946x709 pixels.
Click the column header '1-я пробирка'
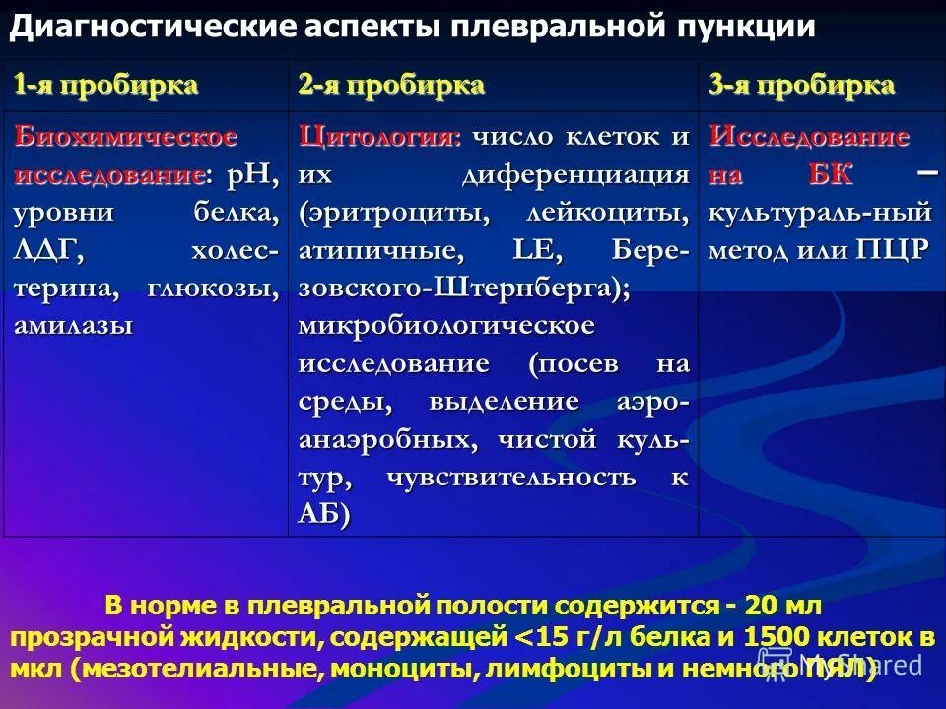(105, 85)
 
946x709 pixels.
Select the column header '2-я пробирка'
(392, 85)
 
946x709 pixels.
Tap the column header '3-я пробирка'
(801, 85)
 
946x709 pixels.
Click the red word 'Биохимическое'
(125, 137)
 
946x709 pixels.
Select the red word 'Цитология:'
(380, 137)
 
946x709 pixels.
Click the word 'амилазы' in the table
(73, 326)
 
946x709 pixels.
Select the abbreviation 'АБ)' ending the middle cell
(324, 514)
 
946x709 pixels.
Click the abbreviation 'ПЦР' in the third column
(892, 250)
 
